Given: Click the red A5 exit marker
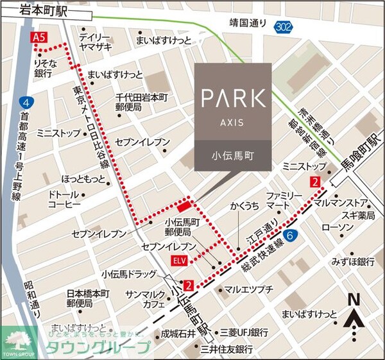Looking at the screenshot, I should [39, 39].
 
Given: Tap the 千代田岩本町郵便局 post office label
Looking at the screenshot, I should [141, 102].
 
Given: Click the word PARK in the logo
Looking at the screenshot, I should [232, 98].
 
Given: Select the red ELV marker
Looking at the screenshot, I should [180, 260].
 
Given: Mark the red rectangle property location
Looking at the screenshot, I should [184, 205].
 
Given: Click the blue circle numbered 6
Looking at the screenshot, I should [292, 236].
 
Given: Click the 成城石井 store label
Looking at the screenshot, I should [177, 333].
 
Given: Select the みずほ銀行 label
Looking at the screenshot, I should [352, 261].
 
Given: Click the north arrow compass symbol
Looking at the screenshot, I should [352, 316].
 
